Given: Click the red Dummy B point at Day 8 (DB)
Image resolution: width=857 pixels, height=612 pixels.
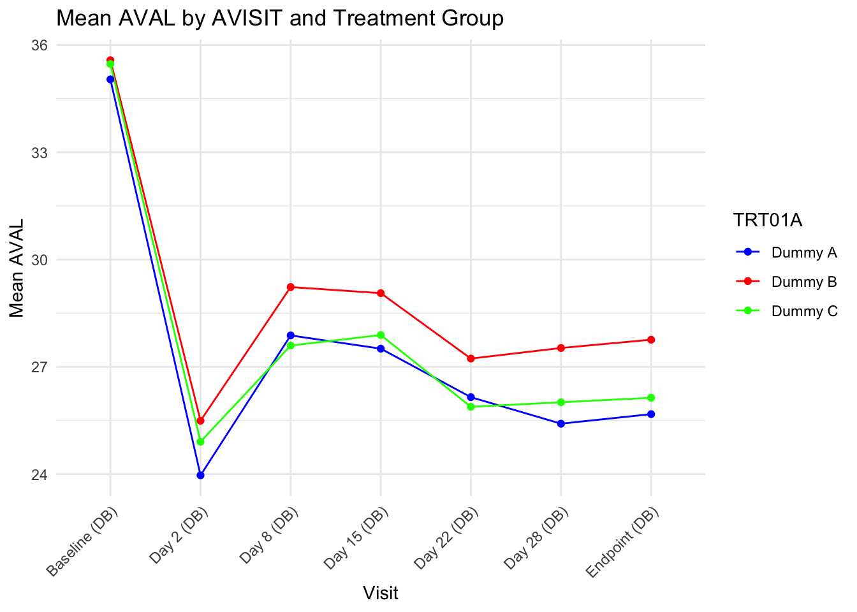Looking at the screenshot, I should coord(291,287).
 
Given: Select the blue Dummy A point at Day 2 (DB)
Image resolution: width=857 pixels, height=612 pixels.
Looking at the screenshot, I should coord(201,475).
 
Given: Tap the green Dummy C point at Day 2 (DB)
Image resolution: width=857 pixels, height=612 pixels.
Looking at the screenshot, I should coord(201,441).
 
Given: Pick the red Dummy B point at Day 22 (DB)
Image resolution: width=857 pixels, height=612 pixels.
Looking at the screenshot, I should coord(471,358).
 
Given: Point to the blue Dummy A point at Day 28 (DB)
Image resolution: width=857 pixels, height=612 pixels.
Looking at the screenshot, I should coord(561,423).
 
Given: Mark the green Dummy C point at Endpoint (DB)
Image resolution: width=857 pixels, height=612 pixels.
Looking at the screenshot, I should coord(651,398).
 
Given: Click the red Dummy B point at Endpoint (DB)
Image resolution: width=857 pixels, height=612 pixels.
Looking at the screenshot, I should coord(651,340).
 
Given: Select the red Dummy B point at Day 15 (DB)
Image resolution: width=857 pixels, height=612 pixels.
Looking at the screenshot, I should coord(381,293).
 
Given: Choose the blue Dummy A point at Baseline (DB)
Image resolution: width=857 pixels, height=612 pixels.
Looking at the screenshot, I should coord(110,80).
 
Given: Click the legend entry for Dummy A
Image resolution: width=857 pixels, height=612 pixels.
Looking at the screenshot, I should coord(803,252).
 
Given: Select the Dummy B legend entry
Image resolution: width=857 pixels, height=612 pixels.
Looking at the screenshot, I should coord(803,282).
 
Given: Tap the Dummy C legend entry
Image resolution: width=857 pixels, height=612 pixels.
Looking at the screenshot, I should coord(803,311).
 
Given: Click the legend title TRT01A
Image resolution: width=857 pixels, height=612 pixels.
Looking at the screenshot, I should coord(767,221).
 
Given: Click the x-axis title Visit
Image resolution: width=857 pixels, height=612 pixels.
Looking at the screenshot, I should coord(381,593).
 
